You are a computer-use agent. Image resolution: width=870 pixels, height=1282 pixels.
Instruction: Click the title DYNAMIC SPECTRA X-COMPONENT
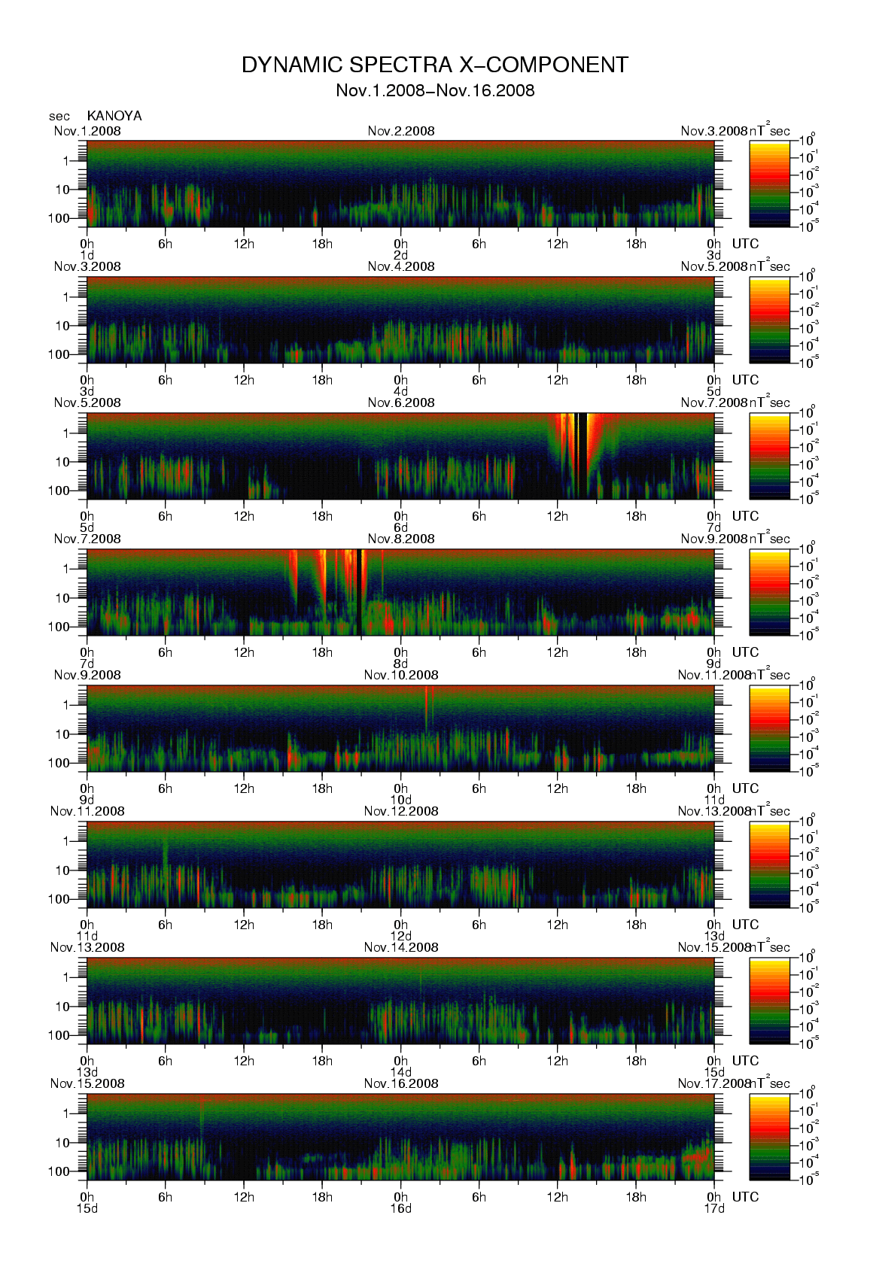(x=434, y=65)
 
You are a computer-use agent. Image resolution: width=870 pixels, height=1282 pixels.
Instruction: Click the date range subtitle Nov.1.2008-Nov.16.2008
(x=434, y=91)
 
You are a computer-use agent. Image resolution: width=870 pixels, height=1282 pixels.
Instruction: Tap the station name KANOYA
(x=114, y=116)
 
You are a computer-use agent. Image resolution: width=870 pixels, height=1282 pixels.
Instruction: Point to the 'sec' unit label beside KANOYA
(x=59, y=117)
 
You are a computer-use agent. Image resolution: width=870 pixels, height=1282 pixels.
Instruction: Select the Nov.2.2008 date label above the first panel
(x=400, y=131)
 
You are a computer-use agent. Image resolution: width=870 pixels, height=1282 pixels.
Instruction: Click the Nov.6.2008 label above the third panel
(x=400, y=403)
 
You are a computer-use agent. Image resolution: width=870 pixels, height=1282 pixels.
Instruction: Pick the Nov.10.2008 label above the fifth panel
(x=400, y=675)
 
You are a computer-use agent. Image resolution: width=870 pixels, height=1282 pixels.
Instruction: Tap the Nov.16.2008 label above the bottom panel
(x=400, y=1083)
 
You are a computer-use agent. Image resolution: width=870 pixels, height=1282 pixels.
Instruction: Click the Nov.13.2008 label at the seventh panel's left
(x=87, y=947)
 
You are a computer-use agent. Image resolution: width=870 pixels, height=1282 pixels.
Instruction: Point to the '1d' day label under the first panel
(x=87, y=255)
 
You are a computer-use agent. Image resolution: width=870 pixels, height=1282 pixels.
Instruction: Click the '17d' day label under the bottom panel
(x=713, y=1208)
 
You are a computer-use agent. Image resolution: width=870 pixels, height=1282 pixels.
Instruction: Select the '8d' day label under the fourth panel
(x=400, y=664)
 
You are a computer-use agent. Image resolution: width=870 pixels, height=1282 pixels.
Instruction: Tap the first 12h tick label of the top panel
(x=244, y=244)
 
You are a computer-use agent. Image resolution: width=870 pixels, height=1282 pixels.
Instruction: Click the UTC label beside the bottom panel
(x=745, y=1197)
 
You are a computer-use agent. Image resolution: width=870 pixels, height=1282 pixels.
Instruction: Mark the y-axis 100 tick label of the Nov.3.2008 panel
(x=59, y=354)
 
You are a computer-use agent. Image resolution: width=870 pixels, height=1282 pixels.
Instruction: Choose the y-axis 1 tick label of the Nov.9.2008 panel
(x=66, y=705)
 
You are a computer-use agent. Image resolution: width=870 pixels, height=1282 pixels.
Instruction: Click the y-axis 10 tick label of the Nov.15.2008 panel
(x=62, y=1143)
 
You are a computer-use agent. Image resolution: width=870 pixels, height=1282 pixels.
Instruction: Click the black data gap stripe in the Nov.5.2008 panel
(x=582, y=455)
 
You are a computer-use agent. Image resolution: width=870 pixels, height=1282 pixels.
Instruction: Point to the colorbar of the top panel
(x=769, y=184)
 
